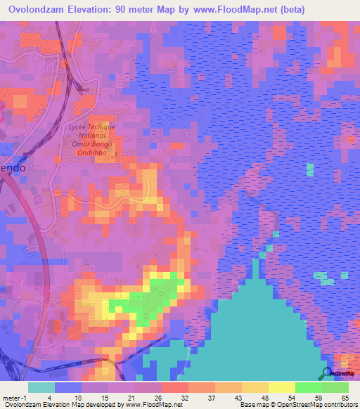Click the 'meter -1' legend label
(x=14, y=397)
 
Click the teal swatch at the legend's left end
(x=41, y=387)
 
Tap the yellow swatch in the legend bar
(x=282, y=387)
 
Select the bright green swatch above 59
(x=309, y=387)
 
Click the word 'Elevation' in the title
(x=104, y=10)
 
